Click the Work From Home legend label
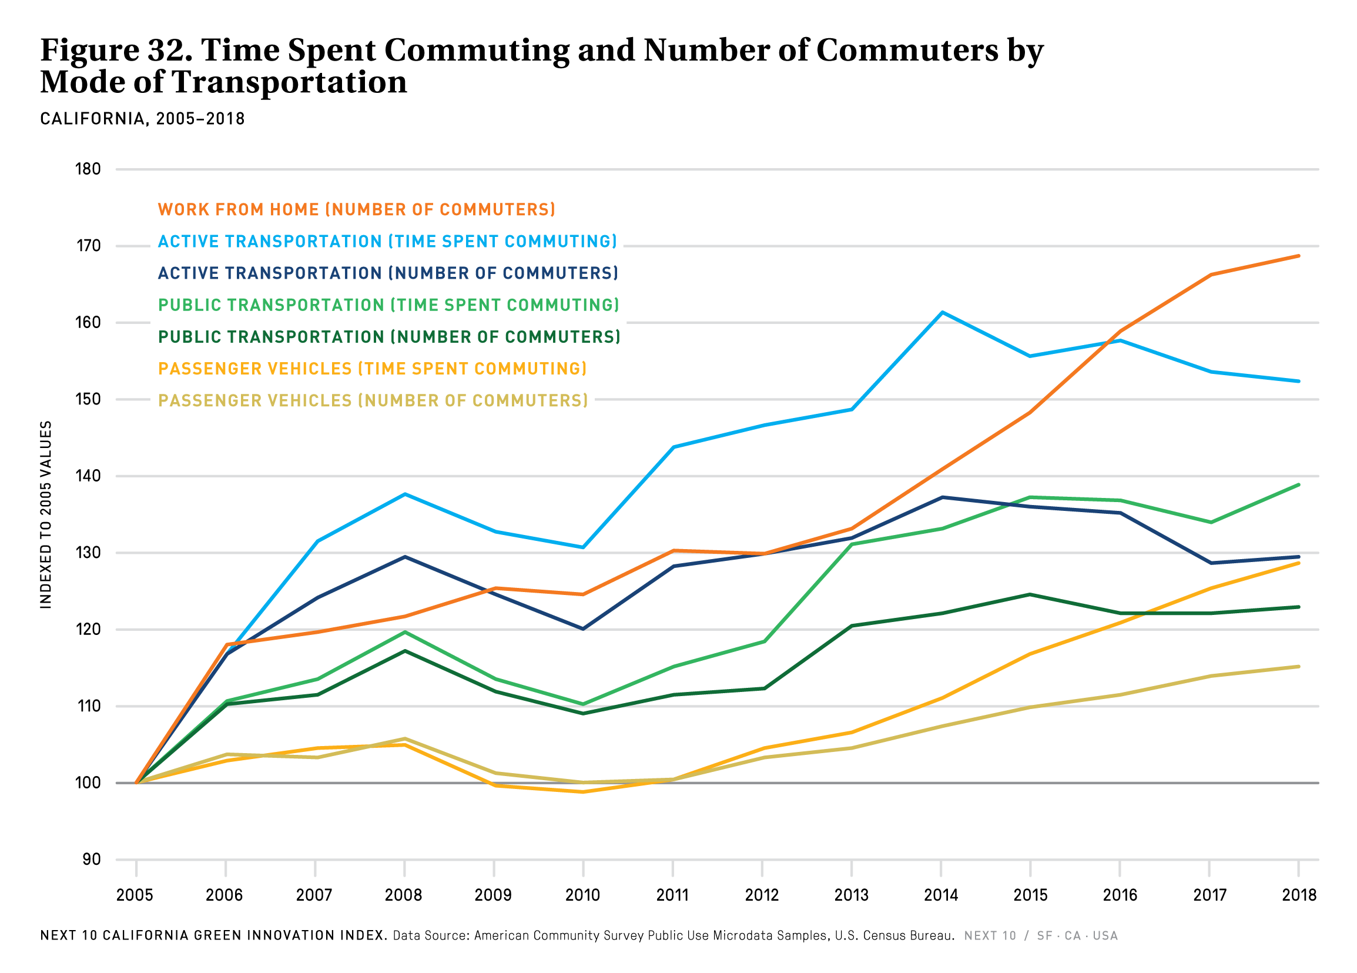(357, 209)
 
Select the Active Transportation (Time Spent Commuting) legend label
(387, 241)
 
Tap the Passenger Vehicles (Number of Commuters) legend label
(373, 400)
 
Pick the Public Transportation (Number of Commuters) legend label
(389, 337)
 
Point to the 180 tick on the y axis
(88, 169)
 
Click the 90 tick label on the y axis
(92, 860)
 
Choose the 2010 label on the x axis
(582, 895)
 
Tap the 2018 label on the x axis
(1299, 895)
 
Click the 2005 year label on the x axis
(135, 895)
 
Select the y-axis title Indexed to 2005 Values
(46, 514)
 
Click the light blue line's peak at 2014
(941, 312)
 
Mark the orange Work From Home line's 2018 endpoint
(1298, 256)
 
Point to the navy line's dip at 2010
(583, 629)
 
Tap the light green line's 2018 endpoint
(1298, 484)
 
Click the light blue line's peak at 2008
(405, 494)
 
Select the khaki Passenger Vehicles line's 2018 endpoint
(1298, 667)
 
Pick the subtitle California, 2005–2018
(142, 119)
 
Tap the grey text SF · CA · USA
(1077, 935)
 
